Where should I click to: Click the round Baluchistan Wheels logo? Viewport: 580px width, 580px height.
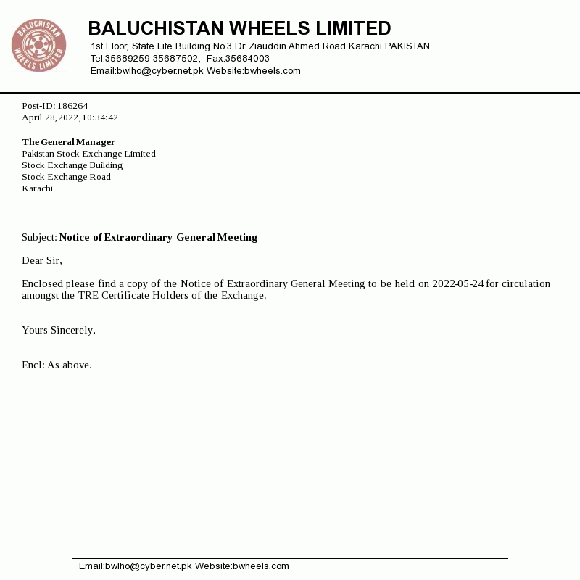pos(38,46)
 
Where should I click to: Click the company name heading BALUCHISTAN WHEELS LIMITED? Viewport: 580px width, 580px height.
pos(239,28)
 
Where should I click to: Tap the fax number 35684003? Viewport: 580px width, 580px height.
pos(247,59)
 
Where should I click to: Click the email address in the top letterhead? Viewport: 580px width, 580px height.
pos(146,71)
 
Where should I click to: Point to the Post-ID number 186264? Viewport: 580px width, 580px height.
pos(72,106)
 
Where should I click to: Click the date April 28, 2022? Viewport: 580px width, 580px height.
pos(49,117)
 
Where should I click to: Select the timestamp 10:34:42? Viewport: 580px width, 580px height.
pos(100,117)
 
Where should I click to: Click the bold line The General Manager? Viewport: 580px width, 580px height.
pos(68,142)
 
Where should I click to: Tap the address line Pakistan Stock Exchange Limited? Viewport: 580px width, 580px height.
pos(88,154)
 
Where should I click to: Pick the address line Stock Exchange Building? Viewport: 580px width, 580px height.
pos(72,165)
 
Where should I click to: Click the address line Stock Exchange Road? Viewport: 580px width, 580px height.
pos(66,177)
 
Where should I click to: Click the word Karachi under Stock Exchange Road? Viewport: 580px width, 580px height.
pos(37,188)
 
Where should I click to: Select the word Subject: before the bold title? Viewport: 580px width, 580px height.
pos(39,237)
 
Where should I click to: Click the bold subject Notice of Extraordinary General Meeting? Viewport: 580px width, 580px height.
pos(158,237)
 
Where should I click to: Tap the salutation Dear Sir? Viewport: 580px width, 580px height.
pos(42,260)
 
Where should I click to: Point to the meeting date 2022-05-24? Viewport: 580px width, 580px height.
pos(457,283)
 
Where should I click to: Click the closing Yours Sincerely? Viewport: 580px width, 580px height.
pos(59,330)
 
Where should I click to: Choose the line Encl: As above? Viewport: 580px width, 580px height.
pos(57,365)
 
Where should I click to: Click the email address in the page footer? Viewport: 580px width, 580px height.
pos(135,566)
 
